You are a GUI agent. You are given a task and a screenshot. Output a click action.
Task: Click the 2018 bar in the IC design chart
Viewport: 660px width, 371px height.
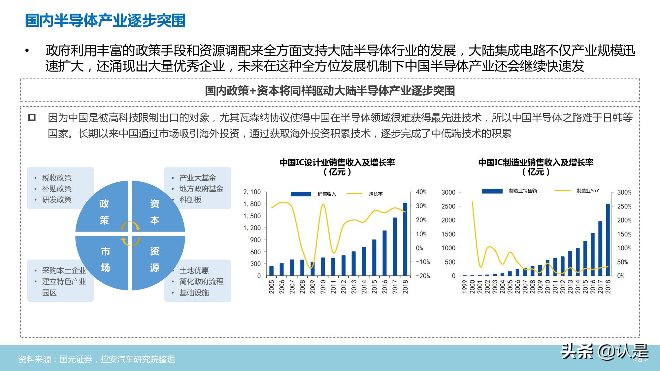[405, 239]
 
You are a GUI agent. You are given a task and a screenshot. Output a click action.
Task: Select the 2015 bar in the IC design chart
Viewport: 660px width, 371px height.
[374, 257]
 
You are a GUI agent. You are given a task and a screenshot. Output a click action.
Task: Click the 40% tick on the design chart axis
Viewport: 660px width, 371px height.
[421, 192]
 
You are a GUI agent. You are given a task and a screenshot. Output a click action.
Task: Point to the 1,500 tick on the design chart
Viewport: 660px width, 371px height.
[252, 216]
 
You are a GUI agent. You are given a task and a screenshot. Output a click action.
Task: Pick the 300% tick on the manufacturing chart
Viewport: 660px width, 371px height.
[624, 192]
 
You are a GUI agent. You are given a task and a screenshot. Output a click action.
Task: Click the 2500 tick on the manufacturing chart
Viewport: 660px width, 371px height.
[448, 206]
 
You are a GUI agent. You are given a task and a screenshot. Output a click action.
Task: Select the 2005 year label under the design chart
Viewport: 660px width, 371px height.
[272, 287]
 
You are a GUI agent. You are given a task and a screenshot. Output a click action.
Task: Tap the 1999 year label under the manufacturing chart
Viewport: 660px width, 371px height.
[465, 287]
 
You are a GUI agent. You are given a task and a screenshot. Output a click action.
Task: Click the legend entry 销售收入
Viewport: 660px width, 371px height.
[327, 194]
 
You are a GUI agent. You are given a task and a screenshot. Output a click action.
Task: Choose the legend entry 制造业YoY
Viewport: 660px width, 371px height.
[587, 191]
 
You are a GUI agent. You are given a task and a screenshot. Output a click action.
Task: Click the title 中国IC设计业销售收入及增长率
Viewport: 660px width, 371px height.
[337, 162]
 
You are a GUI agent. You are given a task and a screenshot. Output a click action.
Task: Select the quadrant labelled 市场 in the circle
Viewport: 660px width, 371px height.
[105, 259]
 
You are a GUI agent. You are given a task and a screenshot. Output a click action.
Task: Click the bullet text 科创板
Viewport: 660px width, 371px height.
[190, 200]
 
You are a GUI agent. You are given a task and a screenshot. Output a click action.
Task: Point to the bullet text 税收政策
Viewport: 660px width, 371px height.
[57, 178]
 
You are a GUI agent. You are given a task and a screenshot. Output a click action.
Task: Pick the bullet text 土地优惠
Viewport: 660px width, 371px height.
[194, 270]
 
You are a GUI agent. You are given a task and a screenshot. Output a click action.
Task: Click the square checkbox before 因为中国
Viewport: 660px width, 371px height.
[32, 117]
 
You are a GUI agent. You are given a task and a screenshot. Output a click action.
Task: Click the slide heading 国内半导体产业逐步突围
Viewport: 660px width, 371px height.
[105, 20]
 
